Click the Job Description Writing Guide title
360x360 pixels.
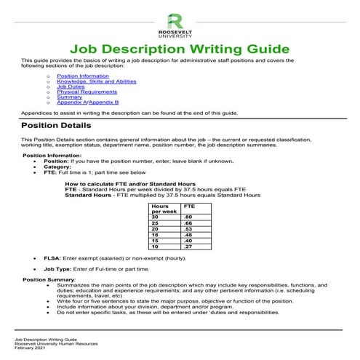(x=180, y=48)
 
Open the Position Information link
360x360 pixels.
(x=77, y=76)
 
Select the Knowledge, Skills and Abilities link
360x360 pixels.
(x=90, y=81)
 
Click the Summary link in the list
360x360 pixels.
(x=67, y=98)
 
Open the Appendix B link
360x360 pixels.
(x=103, y=104)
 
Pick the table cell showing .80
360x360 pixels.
(x=189, y=217)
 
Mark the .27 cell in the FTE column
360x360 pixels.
(x=189, y=246)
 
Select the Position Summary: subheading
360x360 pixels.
(x=49, y=280)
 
